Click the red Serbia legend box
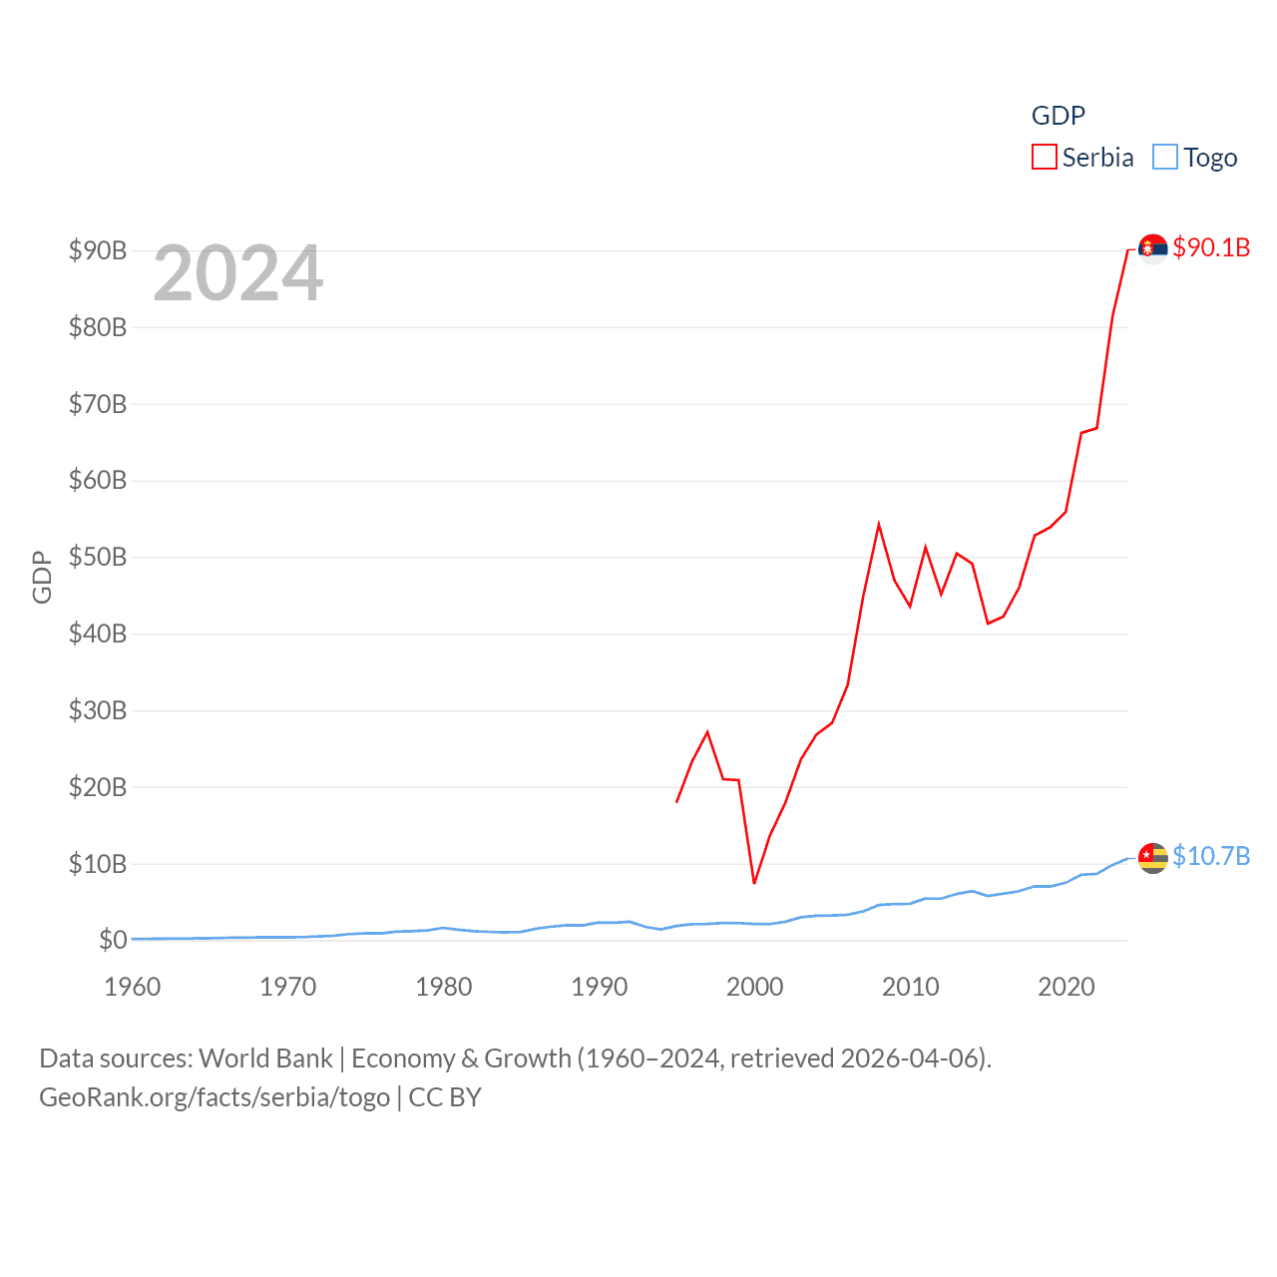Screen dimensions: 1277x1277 point(1044,158)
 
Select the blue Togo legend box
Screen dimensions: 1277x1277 point(1164,158)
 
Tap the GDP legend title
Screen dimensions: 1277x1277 point(1058,116)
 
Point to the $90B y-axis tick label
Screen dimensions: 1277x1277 point(98,250)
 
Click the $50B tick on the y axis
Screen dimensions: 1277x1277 point(98,557)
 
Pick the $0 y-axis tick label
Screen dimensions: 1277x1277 point(113,940)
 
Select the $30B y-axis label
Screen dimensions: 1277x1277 point(98,710)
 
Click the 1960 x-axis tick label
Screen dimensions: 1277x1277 point(133,987)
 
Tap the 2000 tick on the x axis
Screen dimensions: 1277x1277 point(755,987)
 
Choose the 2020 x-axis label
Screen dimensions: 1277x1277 point(1066,987)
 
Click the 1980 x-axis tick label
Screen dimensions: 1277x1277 point(444,987)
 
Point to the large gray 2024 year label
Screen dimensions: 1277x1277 point(238,272)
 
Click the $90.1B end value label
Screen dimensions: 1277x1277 point(1211,247)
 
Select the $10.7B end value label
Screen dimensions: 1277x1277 point(1211,856)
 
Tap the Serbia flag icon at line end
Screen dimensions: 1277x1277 point(1153,248)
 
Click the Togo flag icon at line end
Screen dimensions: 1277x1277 point(1153,857)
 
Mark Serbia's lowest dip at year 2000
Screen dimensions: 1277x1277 point(754,883)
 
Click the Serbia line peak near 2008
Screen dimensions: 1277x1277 point(879,525)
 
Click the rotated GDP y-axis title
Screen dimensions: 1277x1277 point(42,577)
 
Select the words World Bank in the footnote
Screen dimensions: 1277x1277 point(266,1059)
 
